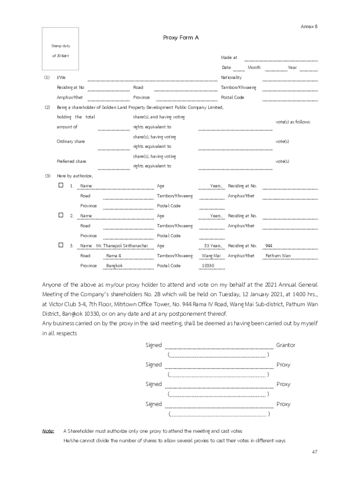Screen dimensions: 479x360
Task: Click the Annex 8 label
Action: coord(309,27)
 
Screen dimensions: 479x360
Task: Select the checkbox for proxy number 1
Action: coord(61,185)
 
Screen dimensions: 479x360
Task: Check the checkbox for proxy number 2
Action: coord(61,215)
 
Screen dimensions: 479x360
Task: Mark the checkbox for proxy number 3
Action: coord(61,245)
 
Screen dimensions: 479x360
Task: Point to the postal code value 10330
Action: coord(208,266)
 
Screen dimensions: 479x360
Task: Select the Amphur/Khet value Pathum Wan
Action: coord(278,256)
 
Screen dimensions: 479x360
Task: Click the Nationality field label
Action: coord(231,77)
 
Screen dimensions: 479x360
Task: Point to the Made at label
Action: coord(229,58)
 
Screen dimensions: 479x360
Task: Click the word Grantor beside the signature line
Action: coord(286,345)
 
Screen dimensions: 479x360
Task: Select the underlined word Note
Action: coord(48,431)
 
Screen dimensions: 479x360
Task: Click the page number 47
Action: coord(315,452)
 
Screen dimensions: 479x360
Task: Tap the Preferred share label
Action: coord(72,161)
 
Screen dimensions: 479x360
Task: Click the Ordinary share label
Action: coord(71,141)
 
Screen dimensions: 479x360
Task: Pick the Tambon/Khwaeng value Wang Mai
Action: coord(211,256)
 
